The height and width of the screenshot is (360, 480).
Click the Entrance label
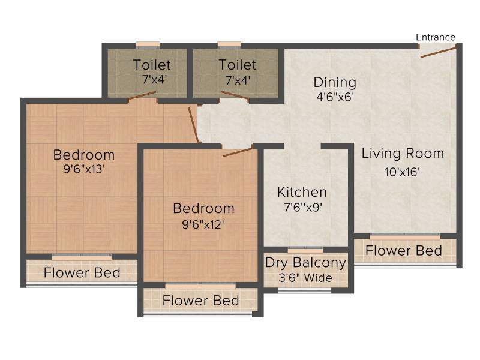[x=436, y=37]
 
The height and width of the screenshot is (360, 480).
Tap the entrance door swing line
[x=439, y=52]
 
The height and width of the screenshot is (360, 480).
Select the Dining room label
[x=335, y=82]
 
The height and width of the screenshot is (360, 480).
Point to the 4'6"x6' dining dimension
[x=335, y=97]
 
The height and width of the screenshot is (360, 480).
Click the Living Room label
[x=403, y=154]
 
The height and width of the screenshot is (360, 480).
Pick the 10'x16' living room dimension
[x=402, y=172]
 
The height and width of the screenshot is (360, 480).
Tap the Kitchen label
[x=302, y=192]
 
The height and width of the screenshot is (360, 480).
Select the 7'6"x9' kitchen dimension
[x=303, y=208]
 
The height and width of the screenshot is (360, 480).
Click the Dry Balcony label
[x=305, y=263]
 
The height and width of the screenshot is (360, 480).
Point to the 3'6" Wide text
[x=305, y=278]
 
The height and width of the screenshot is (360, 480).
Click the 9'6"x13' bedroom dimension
[x=84, y=169]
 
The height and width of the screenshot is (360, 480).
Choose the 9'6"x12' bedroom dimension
[x=203, y=225]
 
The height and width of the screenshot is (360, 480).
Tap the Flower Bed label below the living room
[x=404, y=251]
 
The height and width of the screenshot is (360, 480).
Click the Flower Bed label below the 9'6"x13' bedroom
[x=82, y=273]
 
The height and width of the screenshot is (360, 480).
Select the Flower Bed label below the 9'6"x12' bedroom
[x=200, y=301]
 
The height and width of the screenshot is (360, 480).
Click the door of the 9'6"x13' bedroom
[x=194, y=125]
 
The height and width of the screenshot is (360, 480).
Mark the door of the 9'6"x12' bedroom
[x=238, y=152]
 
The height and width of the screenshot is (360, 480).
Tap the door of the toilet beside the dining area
[x=235, y=95]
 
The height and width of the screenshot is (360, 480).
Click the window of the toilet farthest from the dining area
[x=148, y=46]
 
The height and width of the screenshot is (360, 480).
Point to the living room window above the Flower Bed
[x=404, y=236]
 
